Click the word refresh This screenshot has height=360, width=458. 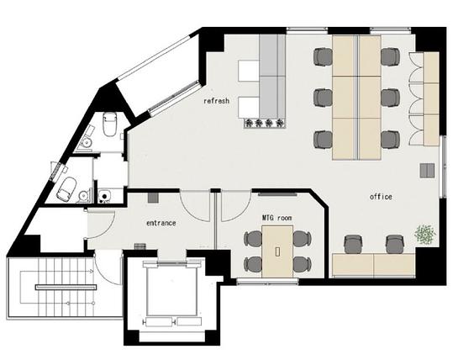[217, 101]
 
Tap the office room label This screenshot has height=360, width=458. [381, 197]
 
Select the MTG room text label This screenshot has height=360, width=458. [276, 218]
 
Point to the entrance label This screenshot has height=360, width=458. [161, 223]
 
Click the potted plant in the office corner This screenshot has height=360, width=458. [425, 234]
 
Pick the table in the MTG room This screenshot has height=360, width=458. [277, 251]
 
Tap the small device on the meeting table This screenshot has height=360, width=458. [277, 251]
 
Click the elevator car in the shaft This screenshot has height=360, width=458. [171, 292]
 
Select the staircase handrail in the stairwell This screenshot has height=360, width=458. [66, 287]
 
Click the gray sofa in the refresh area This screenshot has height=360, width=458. [272, 76]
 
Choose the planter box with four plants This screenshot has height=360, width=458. [265, 123]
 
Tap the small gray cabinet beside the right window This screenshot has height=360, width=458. [428, 171]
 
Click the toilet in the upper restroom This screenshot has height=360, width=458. [110, 124]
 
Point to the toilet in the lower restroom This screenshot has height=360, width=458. [66, 189]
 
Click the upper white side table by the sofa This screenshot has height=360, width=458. [249, 71]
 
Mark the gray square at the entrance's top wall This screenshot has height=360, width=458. [153, 198]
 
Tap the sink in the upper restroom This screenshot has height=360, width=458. [87, 143]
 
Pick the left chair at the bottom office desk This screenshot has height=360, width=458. [354, 245]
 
